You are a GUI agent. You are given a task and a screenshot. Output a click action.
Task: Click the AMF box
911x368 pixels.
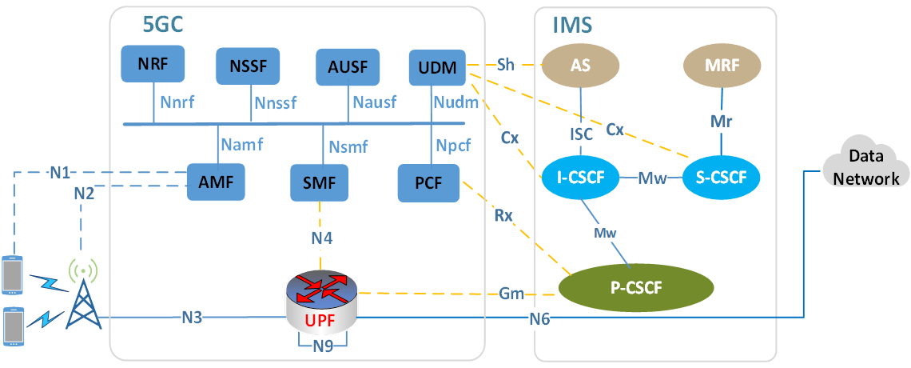216,182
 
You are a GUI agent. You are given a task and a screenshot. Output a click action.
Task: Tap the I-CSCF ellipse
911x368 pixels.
580,175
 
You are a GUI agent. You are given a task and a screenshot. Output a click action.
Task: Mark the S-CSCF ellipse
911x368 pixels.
722,175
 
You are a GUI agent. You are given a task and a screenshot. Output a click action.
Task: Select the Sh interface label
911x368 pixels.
505,64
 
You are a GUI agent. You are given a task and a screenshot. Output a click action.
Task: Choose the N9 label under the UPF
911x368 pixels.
322,346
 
